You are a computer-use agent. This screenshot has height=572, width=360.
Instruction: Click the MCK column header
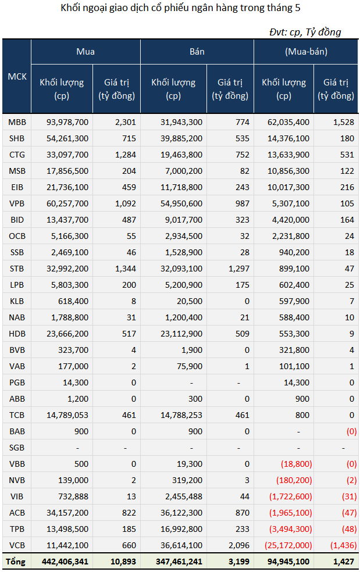[x=17, y=77]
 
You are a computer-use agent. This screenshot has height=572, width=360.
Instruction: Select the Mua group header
[x=85, y=52]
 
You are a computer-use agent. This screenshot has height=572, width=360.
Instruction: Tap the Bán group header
[x=197, y=52]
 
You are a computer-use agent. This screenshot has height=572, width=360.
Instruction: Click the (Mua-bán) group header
[x=306, y=52]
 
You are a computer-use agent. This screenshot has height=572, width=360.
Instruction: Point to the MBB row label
[x=17, y=122]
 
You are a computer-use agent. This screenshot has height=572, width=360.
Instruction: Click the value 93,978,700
[x=67, y=122]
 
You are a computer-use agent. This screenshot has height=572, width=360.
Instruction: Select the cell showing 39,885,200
[x=181, y=138]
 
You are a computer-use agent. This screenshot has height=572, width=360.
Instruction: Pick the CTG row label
[x=17, y=155]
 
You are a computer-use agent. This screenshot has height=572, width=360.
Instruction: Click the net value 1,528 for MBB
[x=344, y=122]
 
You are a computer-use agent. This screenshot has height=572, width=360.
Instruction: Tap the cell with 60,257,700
[x=67, y=203]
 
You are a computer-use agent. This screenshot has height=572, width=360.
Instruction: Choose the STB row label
[x=17, y=269]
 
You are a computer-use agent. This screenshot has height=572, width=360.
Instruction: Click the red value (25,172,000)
[x=288, y=545]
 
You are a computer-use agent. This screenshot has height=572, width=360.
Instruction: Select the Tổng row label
[x=15, y=562]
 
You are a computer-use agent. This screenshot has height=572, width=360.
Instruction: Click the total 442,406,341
[x=65, y=562]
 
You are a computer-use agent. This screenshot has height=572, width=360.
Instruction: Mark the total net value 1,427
[x=344, y=562]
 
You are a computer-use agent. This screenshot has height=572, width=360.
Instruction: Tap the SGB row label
[x=17, y=448]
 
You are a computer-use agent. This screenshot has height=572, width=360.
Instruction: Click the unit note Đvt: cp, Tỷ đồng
[x=305, y=32]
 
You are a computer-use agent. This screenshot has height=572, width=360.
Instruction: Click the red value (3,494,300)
[x=291, y=529]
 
